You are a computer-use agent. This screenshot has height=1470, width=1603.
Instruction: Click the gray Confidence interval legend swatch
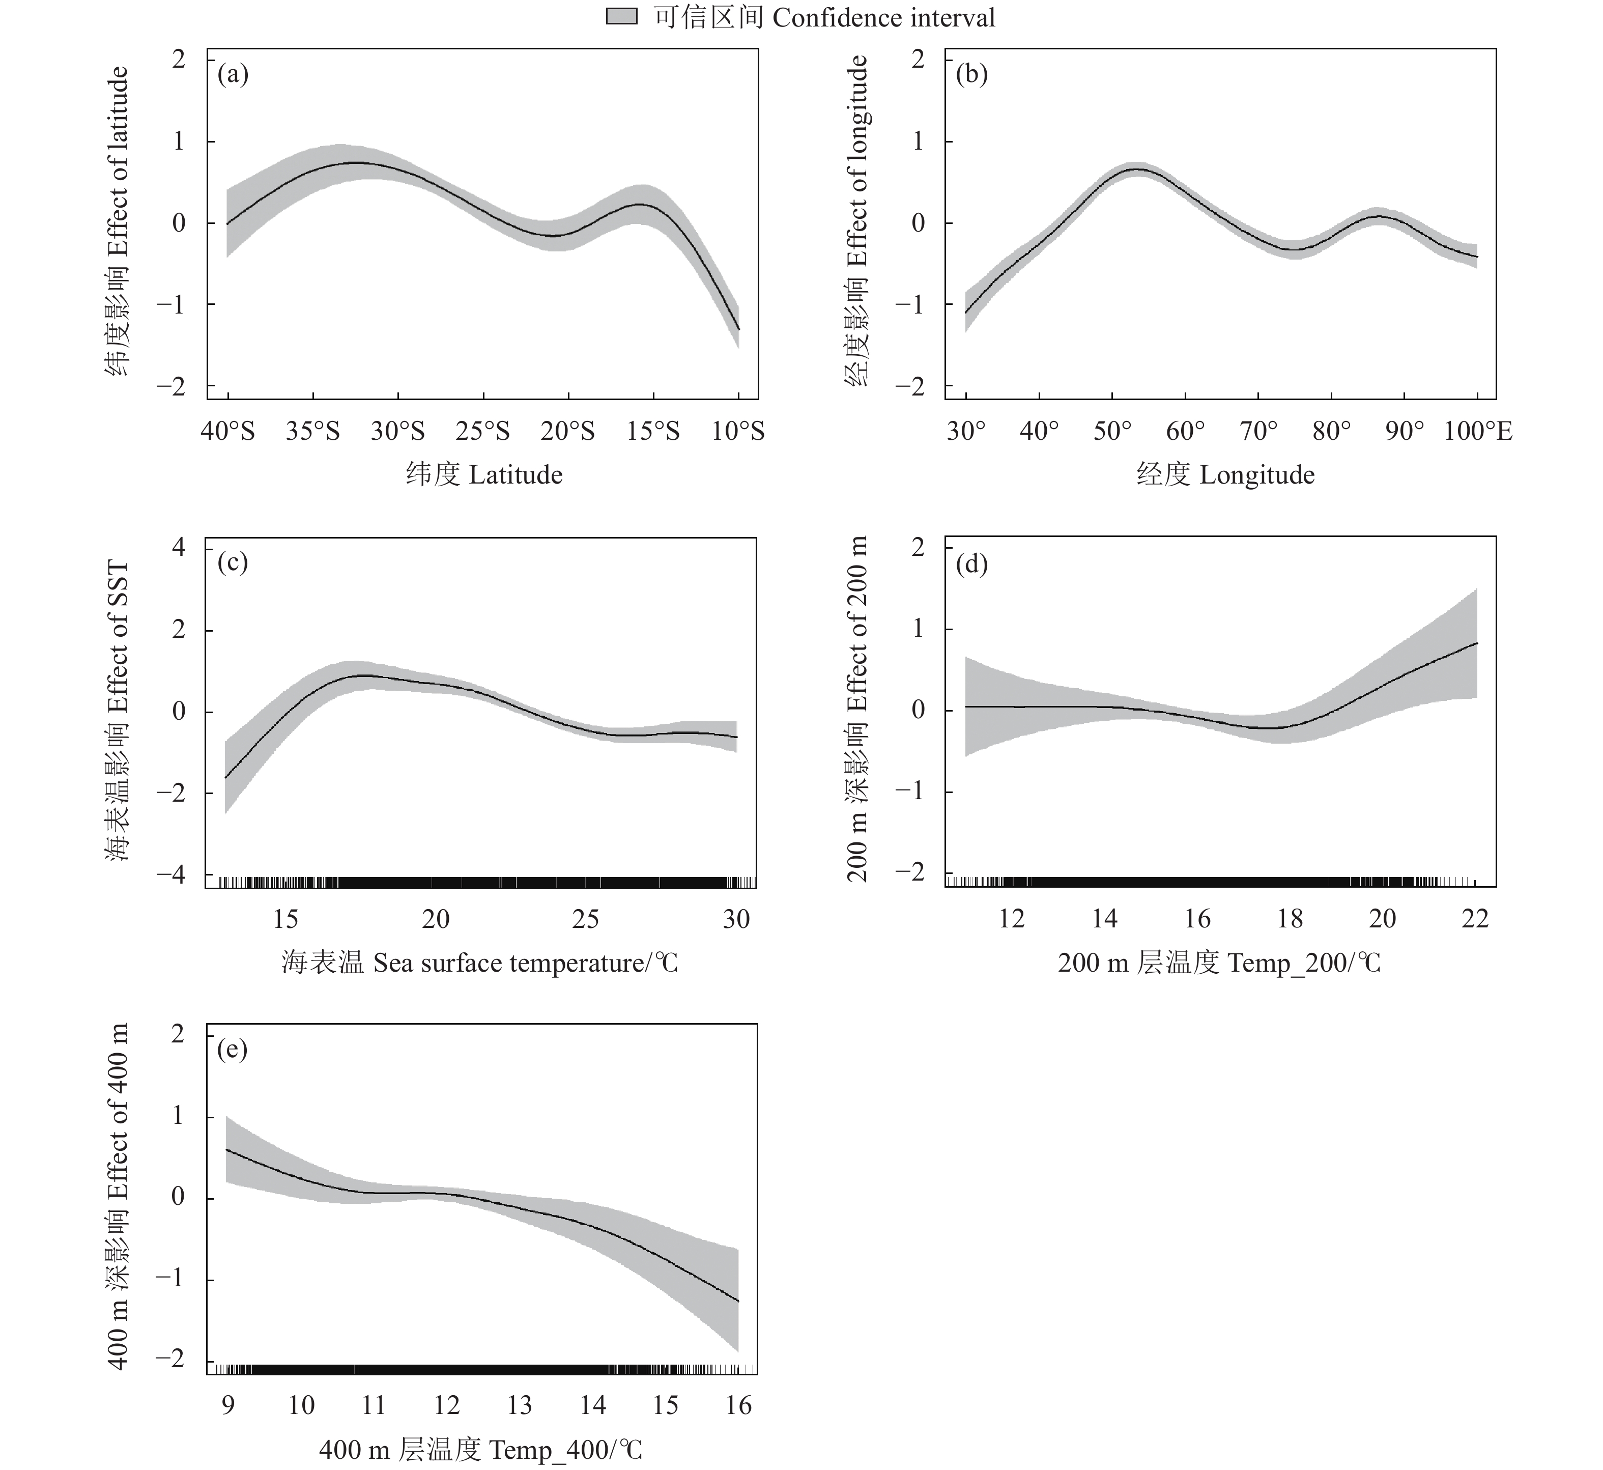(x=622, y=17)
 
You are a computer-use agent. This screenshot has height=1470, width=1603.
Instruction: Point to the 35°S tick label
(x=312, y=431)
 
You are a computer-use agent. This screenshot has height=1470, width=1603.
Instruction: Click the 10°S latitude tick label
(x=738, y=431)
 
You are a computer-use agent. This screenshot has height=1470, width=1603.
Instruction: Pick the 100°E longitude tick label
(x=1477, y=431)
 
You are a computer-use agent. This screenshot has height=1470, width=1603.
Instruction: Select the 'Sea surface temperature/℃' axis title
(x=479, y=964)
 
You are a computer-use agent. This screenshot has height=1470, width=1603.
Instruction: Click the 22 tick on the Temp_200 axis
(x=1475, y=920)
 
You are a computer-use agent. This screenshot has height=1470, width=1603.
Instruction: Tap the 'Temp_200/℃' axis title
(x=1219, y=964)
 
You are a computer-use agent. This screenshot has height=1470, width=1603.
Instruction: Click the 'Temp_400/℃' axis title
(x=480, y=1451)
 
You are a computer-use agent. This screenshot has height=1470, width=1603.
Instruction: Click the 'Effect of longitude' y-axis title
(x=857, y=220)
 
